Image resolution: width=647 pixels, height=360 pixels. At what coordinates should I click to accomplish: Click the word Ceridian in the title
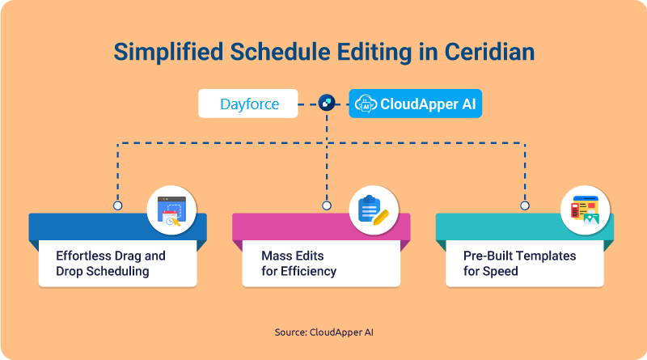(x=489, y=52)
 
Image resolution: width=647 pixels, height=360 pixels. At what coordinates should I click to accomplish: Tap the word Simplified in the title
(x=168, y=53)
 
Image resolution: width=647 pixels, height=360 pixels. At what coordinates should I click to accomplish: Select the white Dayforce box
(x=248, y=104)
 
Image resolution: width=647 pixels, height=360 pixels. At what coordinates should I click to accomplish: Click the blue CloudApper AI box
(x=416, y=104)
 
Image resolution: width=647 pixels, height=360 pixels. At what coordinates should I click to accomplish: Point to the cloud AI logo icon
(x=366, y=104)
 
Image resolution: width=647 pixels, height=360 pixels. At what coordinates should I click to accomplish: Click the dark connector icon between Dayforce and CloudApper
(x=327, y=103)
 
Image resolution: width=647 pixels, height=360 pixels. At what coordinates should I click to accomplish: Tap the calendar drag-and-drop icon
(x=171, y=210)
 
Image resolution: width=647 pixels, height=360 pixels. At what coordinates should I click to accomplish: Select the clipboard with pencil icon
(x=374, y=210)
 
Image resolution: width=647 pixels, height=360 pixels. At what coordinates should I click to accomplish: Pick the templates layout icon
(x=585, y=210)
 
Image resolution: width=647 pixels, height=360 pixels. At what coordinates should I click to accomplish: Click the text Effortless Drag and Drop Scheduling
(x=111, y=264)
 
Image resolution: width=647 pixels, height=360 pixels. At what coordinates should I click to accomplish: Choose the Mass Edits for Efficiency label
(x=298, y=264)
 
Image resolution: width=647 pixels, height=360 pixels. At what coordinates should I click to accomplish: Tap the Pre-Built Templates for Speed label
(x=519, y=264)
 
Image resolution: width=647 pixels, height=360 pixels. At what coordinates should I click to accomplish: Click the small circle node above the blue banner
(x=117, y=205)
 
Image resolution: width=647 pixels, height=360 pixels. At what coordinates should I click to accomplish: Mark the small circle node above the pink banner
(x=327, y=205)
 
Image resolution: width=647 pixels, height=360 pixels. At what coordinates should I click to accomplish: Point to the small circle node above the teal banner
(x=525, y=205)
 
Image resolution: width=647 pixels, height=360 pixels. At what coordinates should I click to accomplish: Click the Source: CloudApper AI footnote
(x=324, y=332)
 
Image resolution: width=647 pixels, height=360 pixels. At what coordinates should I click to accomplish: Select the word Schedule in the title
(x=280, y=52)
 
